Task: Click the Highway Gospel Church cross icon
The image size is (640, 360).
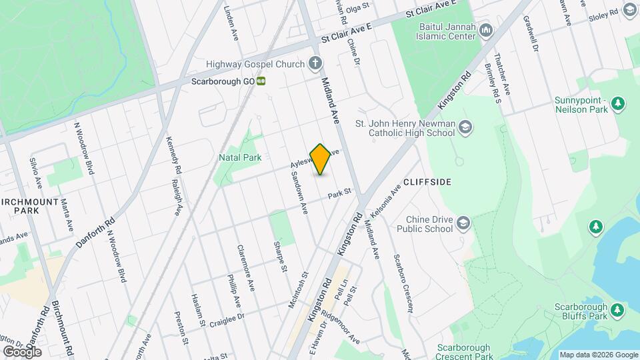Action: tap(315, 63)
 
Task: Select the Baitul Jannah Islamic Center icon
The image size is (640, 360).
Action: tap(486, 30)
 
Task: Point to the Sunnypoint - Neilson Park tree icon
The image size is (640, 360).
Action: tap(619, 103)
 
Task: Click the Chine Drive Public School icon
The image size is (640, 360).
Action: tap(463, 223)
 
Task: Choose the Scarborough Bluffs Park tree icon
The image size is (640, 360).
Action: tap(618, 310)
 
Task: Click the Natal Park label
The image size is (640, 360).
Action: tap(239, 157)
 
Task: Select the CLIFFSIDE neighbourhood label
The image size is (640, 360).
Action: tap(427, 181)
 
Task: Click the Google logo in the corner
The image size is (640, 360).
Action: tap(23, 351)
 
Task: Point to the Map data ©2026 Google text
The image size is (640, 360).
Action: tap(598, 355)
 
